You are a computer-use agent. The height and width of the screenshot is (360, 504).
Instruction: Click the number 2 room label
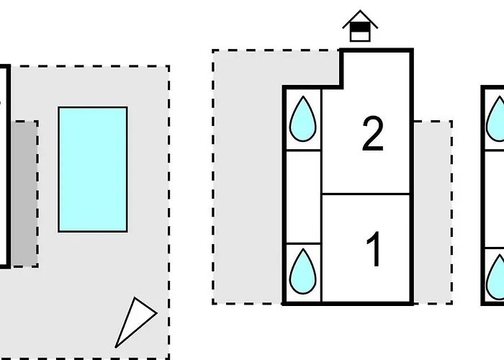[372, 135]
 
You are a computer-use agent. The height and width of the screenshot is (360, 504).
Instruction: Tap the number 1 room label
[374, 249]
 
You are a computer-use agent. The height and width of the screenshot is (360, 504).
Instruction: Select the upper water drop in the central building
[302, 120]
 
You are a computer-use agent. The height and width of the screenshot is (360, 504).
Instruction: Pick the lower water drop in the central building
[302, 271]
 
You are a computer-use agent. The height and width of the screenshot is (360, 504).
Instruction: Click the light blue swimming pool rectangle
[93, 169]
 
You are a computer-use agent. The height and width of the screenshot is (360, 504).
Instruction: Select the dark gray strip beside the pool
[24, 193]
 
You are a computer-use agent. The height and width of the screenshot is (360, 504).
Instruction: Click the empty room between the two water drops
[302, 196]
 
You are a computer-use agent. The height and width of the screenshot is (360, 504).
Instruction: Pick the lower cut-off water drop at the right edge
[497, 277]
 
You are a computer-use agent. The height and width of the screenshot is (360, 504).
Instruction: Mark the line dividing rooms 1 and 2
[366, 194]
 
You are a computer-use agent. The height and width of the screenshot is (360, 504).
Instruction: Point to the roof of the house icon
[360, 17]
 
